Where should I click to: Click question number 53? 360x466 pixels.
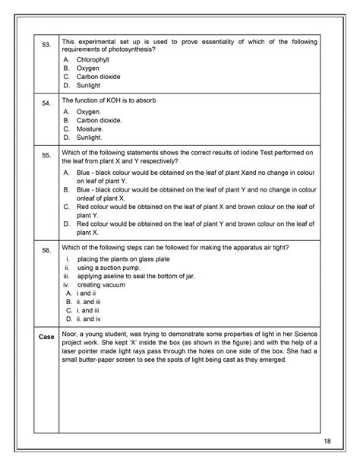(x=46, y=45)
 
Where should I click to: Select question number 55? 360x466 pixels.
(x=46, y=156)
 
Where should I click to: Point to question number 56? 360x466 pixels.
(x=46, y=250)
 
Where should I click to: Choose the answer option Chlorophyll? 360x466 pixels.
(x=93, y=59)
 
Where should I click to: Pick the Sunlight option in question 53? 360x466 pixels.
(x=90, y=85)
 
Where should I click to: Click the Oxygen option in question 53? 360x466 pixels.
(x=88, y=68)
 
